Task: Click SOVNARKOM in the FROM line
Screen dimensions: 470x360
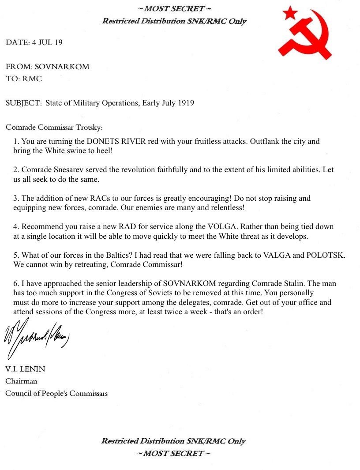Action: [62, 67]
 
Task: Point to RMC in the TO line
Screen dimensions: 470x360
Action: [32, 79]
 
